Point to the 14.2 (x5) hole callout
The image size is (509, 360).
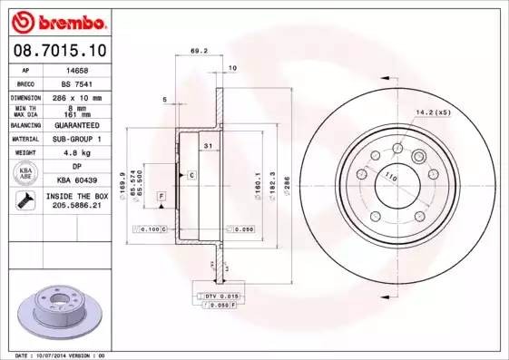[432, 112]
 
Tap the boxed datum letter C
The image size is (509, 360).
[191, 173]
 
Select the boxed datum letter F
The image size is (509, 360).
[161, 196]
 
